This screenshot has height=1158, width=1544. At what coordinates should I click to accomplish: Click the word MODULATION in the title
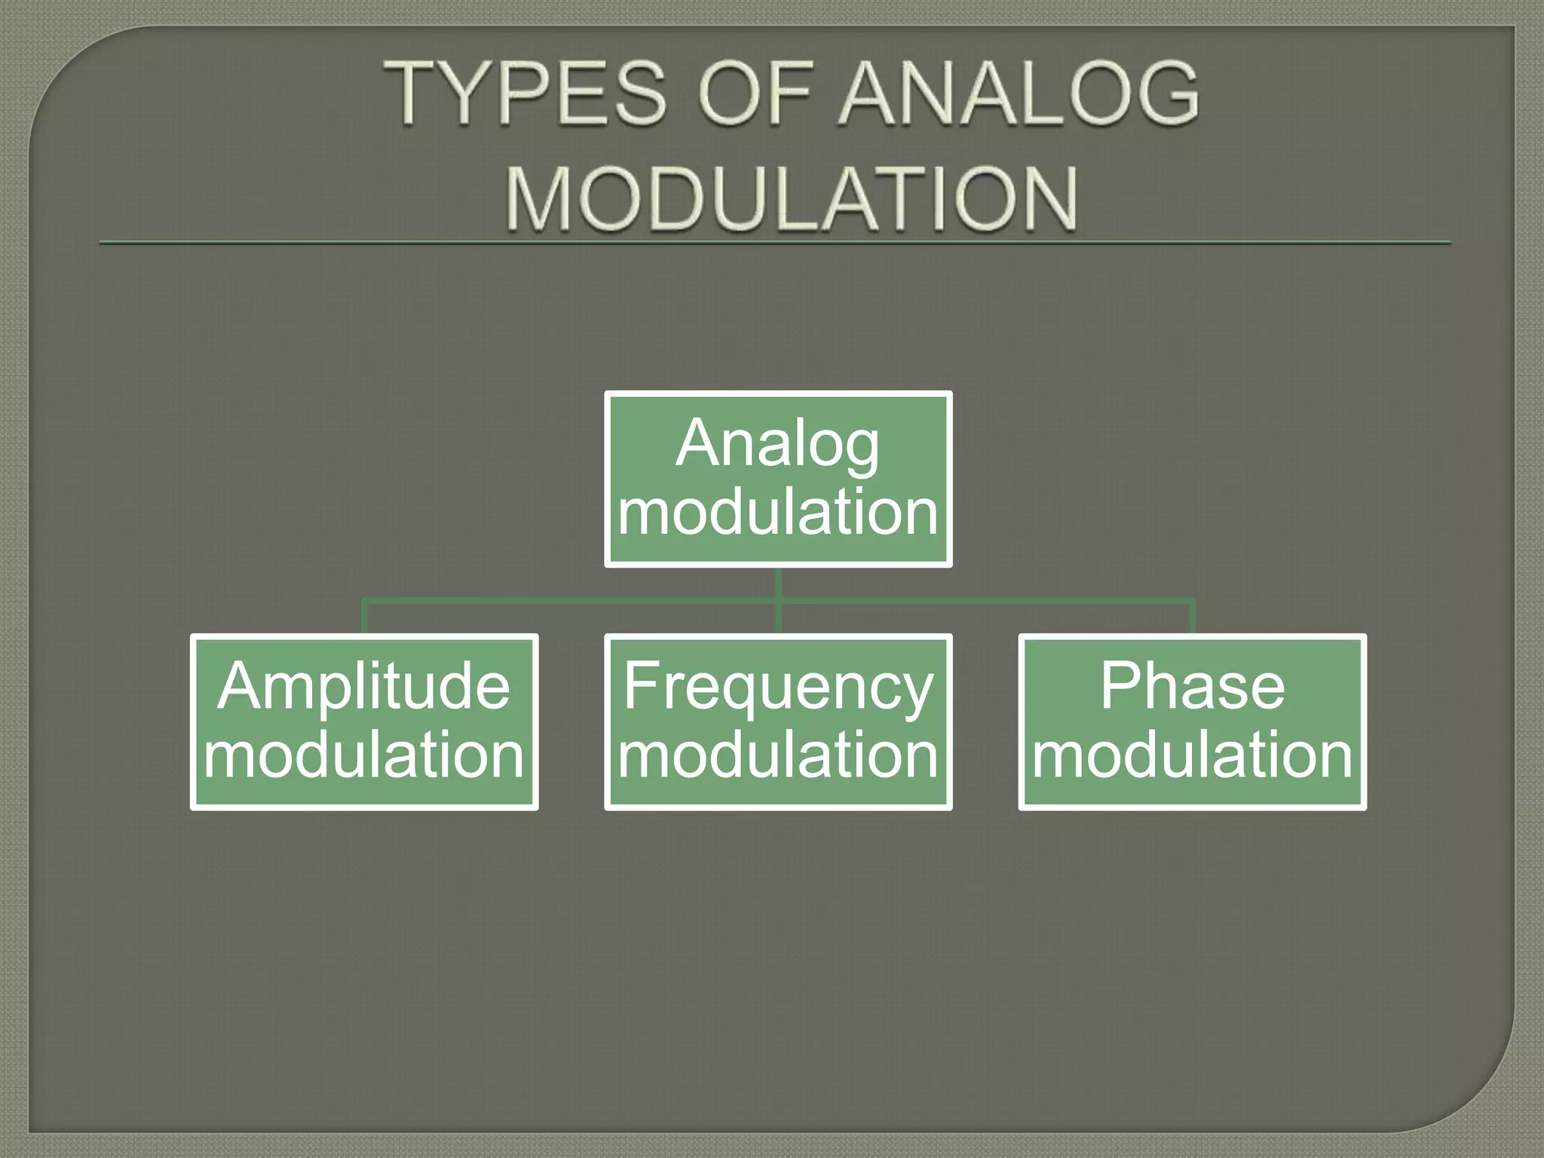point(792,199)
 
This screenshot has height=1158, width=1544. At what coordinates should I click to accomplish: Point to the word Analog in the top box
point(777,444)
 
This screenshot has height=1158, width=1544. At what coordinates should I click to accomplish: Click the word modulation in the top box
point(778,512)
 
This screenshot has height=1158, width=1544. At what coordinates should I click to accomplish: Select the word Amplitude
point(364,686)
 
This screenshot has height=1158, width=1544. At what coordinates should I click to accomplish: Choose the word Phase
point(1192,686)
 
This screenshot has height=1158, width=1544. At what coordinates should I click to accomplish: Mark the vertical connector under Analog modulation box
point(778,584)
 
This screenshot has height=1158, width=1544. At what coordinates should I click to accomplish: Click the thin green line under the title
point(775,243)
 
